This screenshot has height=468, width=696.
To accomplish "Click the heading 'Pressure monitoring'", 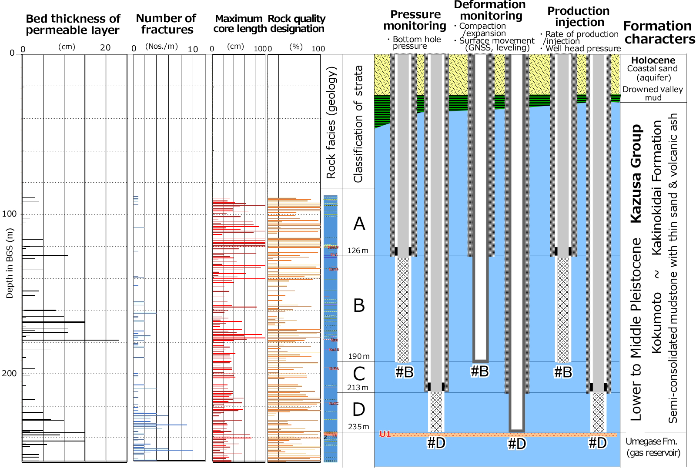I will (415, 20).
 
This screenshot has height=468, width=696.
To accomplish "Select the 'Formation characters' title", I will (659, 33).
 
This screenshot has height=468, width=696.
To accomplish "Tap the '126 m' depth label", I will (358, 251).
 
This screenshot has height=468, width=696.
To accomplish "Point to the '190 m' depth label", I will (359, 356).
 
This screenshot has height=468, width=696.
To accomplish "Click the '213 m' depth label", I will (358, 388).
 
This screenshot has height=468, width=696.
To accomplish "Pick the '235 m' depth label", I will (359, 427).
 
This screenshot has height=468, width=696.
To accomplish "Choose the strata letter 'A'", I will (359, 224).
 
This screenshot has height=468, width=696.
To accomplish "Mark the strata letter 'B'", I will (359, 305).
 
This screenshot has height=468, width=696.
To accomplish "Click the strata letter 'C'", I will (359, 373).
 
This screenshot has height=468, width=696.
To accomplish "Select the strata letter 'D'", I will (359, 409).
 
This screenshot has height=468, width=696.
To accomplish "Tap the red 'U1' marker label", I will (385, 434).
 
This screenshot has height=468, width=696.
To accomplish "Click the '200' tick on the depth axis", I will (9, 374).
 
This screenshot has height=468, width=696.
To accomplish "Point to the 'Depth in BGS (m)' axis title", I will (10, 264).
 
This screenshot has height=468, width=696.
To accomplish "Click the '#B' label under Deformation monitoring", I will (480, 371).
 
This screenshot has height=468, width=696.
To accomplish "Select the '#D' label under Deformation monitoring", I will (517, 444).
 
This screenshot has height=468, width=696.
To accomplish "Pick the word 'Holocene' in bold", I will (653, 60).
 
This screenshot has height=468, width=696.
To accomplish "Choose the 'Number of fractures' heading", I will (166, 24).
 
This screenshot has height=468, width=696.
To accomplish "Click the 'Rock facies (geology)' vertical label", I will (331, 122).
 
